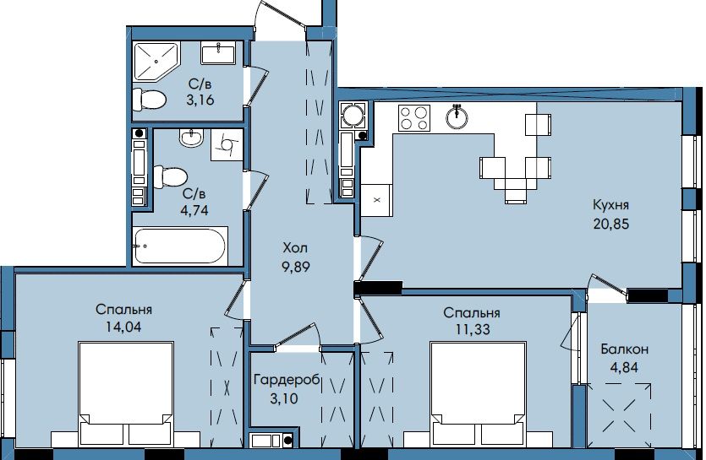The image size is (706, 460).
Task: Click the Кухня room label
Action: coord(610,205)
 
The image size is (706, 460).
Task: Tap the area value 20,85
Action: coord(610,224)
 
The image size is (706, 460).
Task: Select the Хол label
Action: coord(295,248)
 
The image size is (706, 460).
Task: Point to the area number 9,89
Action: coord(295,267)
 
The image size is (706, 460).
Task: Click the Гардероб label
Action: coord(287,381)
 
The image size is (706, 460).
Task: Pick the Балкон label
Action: coord(625,349)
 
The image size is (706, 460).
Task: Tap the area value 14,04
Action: coord(123,327)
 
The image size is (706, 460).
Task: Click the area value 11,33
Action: coord(473,330)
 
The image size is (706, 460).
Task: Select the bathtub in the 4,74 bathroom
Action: coord(179,246)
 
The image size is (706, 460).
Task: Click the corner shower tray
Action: coord(156,61)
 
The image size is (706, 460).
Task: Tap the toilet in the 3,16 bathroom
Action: coord(150,99)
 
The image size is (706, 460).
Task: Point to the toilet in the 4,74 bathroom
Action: coord(170,177)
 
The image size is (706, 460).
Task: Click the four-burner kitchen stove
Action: coord(413,118)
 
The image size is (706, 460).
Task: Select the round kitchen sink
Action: coord(457,116)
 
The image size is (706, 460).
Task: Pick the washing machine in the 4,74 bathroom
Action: coord(227,144)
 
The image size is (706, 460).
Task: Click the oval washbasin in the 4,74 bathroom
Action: coord(191,138)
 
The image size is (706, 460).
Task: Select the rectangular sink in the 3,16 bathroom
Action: coord(218,53)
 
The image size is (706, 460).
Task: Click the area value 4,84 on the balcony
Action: coord(624,367)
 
